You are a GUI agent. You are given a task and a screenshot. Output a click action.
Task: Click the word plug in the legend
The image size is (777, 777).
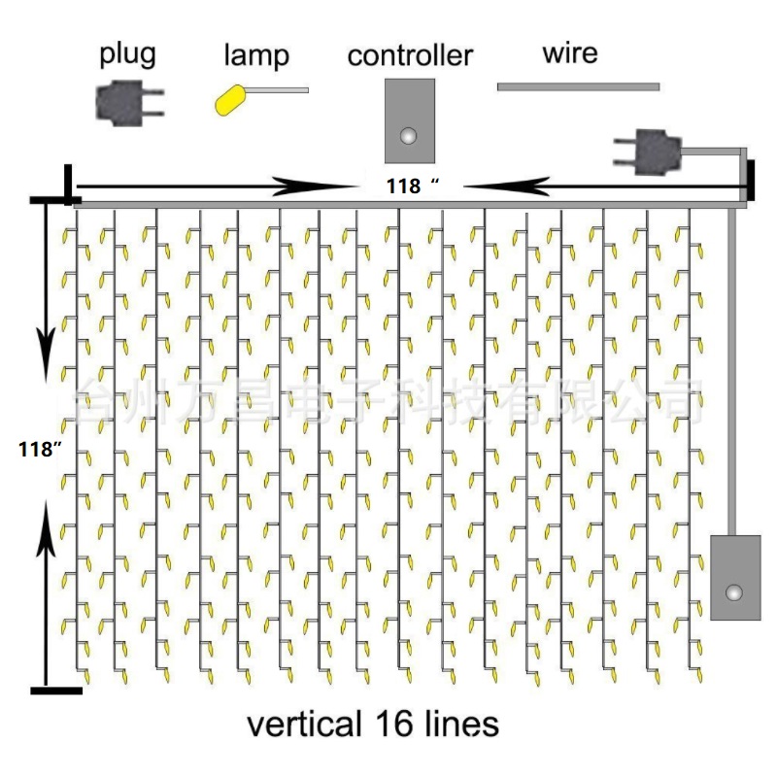tap(127, 54)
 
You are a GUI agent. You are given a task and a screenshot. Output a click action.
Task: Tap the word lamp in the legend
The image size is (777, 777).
tap(255, 55)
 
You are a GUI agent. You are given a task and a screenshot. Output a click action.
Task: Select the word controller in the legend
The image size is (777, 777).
tap(410, 55)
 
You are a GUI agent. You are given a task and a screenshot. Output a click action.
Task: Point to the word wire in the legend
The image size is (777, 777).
tap(570, 52)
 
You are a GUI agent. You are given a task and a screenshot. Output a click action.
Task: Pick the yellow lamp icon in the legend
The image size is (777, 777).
tap(231, 100)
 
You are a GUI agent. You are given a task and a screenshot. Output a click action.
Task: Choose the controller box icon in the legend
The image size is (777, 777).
tap(409, 119)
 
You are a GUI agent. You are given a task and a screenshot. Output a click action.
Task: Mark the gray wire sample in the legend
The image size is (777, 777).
tap(578, 87)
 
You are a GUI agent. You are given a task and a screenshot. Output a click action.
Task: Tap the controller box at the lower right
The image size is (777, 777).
tap(735, 577)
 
